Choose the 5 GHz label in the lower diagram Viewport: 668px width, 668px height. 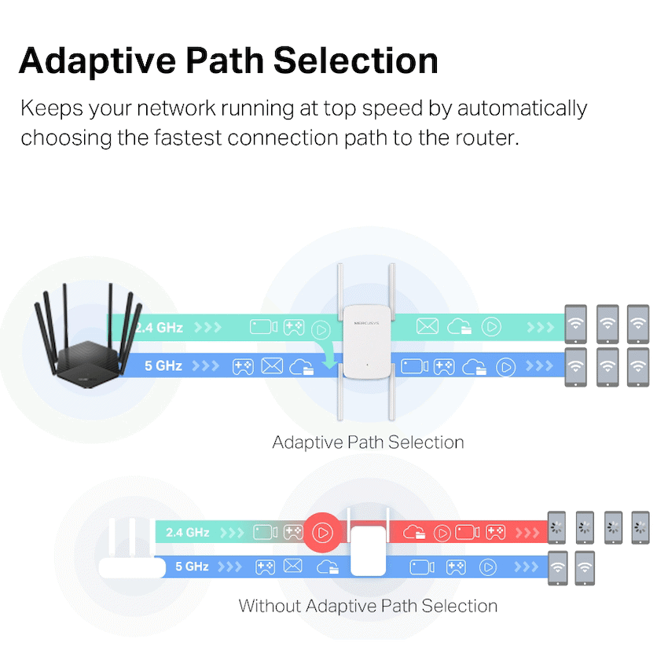[191, 566]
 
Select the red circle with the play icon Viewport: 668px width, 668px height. [321, 532]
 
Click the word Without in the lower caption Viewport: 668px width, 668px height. [270, 606]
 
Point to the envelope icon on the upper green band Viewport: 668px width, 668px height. [427, 326]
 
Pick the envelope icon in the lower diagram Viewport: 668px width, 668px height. [293, 566]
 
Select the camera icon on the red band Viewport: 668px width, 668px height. [467, 533]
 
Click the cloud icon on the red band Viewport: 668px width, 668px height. [414, 533]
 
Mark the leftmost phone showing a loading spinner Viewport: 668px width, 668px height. [557, 527]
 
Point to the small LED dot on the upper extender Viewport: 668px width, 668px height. [366, 365]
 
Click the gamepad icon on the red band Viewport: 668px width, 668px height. [495, 533]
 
